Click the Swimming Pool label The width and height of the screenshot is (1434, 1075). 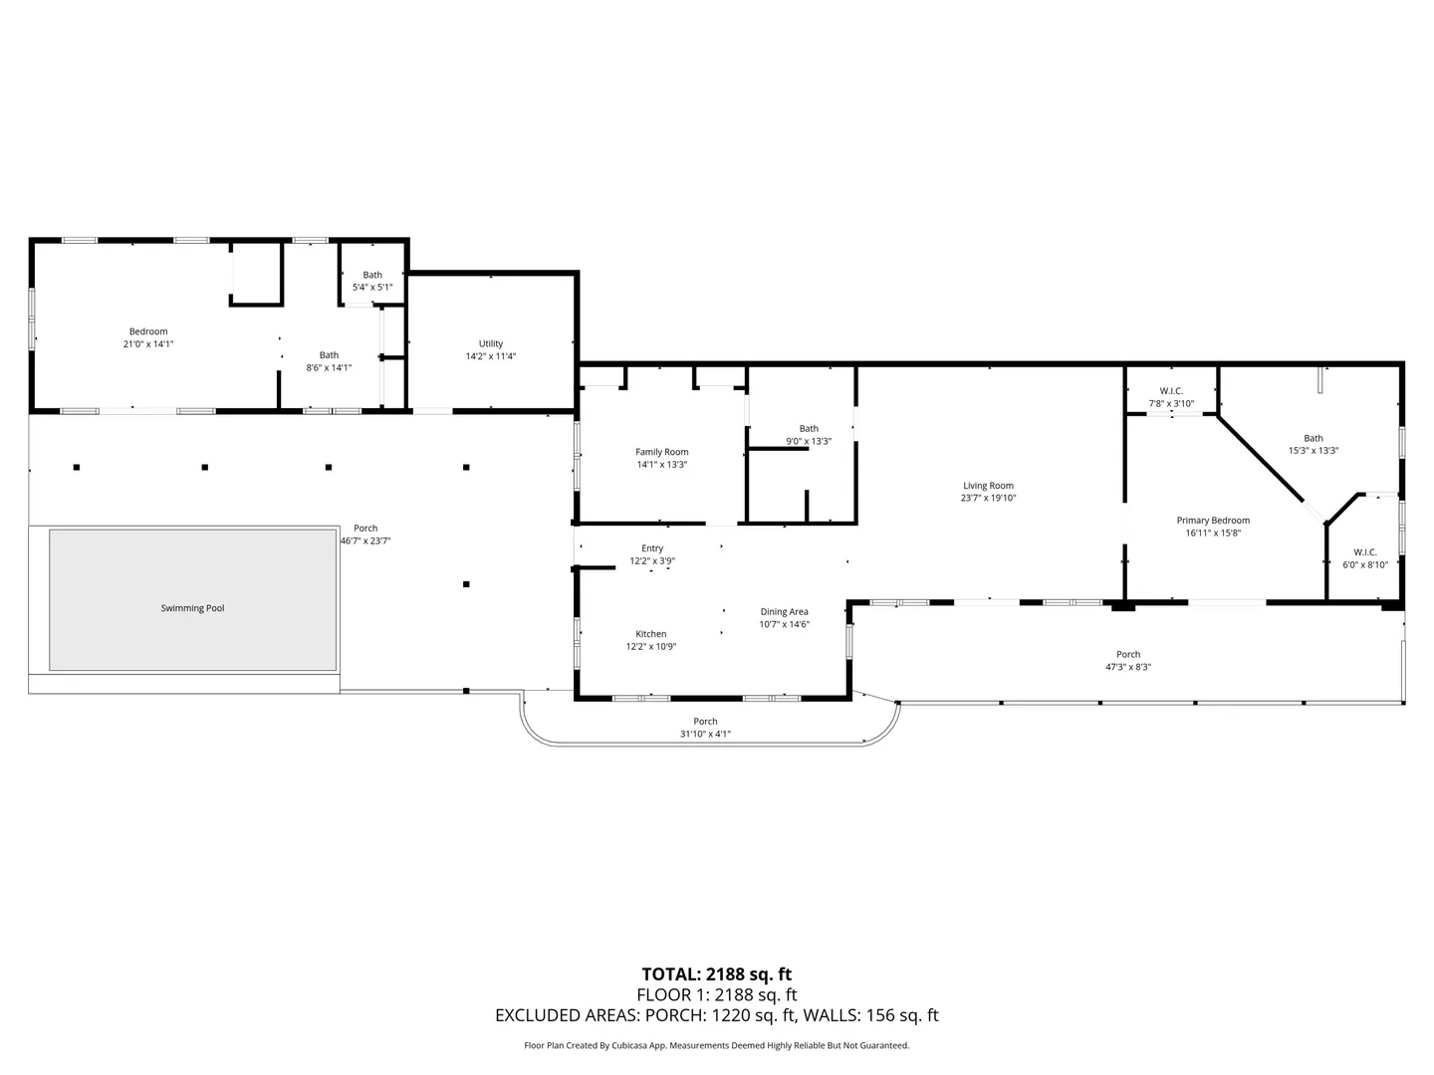tap(192, 607)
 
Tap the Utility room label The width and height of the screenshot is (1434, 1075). tap(491, 343)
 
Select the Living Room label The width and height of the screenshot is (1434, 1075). tap(988, 486)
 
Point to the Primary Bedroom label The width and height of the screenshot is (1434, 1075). tap(1213, 521)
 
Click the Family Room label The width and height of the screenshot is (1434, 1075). tap(662, 452)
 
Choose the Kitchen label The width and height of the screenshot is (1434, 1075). tap(650, 634)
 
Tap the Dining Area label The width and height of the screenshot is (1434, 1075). tap(784, 611)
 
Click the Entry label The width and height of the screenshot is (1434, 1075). tap(652, 548)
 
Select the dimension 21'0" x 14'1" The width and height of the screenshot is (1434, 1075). tap(148, 344)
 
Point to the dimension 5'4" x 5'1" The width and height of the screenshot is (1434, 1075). tap(372, 288)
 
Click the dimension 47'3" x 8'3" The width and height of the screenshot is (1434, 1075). tap(1127, 667)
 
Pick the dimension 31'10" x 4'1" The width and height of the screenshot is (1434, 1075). tap(705, 734)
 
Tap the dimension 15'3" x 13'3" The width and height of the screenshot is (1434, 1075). tap(1314, 450)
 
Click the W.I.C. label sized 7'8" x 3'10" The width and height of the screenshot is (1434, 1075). tap(1171, 391)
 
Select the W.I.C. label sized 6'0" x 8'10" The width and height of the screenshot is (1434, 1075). tap(1364, 552)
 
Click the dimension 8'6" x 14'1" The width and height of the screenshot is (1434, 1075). tap(329, 367)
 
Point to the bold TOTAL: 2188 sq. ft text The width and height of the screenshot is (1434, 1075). tap(716, 973)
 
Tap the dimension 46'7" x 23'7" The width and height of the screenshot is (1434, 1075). tap(365, 540)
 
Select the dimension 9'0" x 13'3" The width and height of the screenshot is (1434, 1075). tap(809, 441)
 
